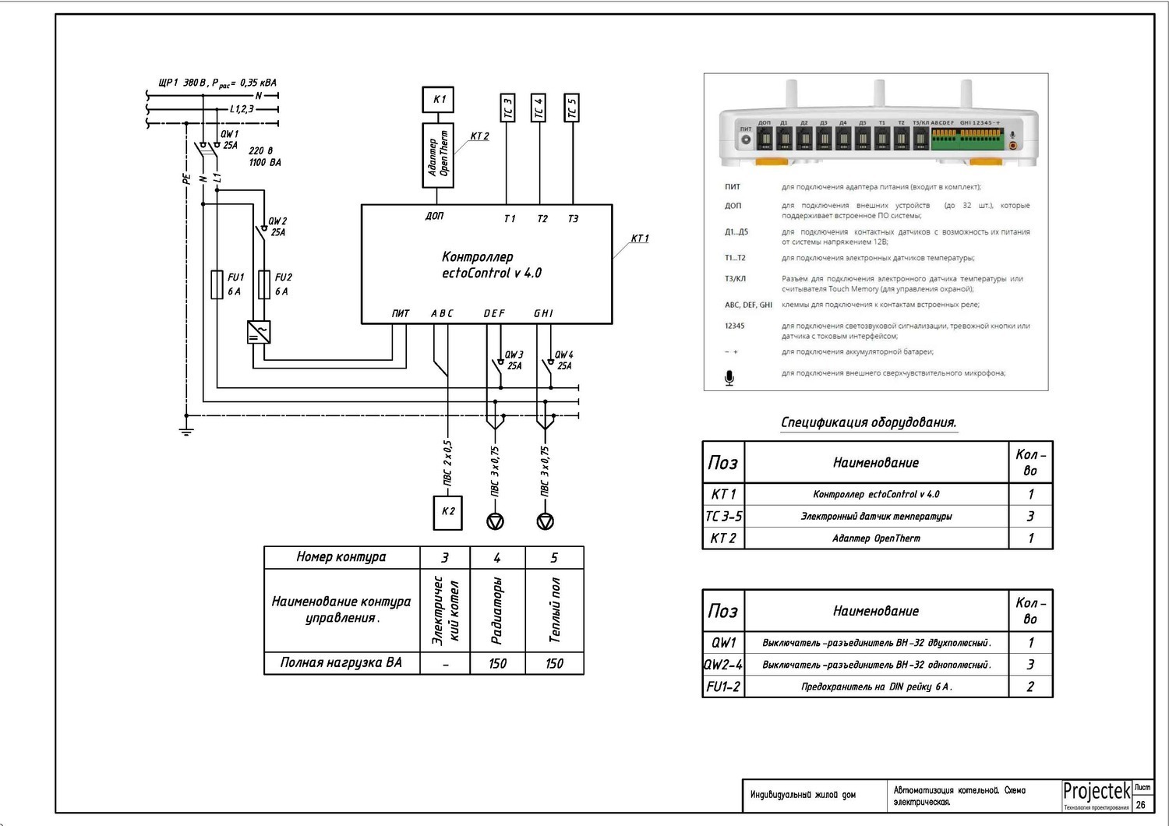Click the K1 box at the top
pos(439,100)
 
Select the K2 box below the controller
pos(448,512)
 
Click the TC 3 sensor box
pos(507,108)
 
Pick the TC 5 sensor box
pos(572,108)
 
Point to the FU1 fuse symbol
pos(217,284)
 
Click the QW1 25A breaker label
pos(230,139)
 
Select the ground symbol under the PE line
pos(186,430)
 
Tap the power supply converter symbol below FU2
pos(259,333)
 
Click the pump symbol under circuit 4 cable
pos(496,521)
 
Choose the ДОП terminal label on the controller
pos(434,216)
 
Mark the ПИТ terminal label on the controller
pos(401,313)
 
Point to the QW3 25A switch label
pos(514,360)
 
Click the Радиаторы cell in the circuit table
pos(497,610)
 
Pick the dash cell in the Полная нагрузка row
pos(445,664)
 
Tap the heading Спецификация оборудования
pos(868,422)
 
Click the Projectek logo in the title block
pos(1097,792)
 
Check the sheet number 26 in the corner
pos(1141,805)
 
